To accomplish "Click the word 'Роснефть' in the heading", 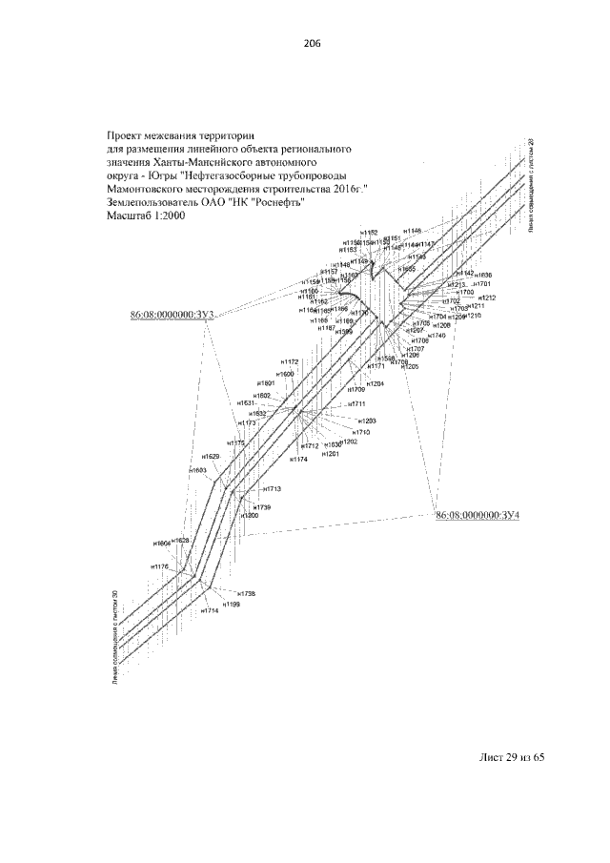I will point(275,202).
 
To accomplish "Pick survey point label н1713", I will point(272,488).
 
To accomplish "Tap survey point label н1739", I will point(262,506).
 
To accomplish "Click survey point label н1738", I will point(246,593).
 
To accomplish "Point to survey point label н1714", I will point(210,610).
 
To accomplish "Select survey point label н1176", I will point(159,566).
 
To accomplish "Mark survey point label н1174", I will point(299,460).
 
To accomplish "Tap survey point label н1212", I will point(487,298).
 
